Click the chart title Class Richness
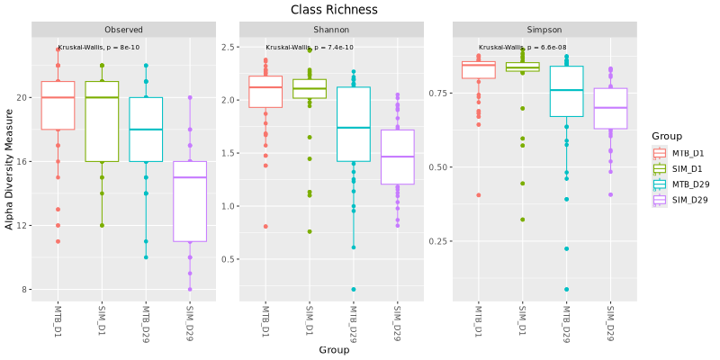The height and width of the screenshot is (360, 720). tap(334, 10)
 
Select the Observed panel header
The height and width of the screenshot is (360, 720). tap(123, 30)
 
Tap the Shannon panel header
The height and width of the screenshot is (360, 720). tap(331, 30)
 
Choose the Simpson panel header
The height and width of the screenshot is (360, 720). tap(544, 30)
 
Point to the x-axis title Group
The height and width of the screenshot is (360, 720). tap(334, 350)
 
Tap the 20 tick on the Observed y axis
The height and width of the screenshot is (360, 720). tap(23, 98)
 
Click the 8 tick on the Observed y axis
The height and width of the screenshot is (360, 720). tap(25, 290)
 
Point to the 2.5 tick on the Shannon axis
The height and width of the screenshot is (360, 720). tap(228, 47)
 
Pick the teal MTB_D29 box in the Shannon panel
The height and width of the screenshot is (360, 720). tap(354, 124)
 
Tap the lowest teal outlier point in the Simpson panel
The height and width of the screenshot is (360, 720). tap(567, 289)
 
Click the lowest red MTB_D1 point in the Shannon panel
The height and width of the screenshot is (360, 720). tap(265, 227)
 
